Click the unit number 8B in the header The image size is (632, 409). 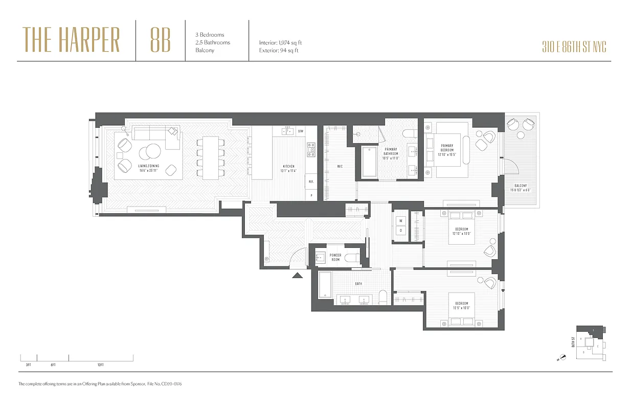pos(161,40)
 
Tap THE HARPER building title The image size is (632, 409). pos(71,40)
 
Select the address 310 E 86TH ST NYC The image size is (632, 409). pos(574,48)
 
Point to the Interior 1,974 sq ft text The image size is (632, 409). pos(280,43)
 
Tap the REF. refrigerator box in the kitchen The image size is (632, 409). pos(310,181)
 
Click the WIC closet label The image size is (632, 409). pos(340,166)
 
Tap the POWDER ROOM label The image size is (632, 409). pos(335,257)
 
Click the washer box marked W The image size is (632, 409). pos(401,221)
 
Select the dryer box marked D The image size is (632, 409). pos(401,230)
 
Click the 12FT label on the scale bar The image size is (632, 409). pos(100,365)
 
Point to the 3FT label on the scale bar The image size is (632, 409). pos(28,365)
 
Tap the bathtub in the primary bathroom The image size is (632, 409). pos(369,163)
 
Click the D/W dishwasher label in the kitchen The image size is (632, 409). pos(301,132)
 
